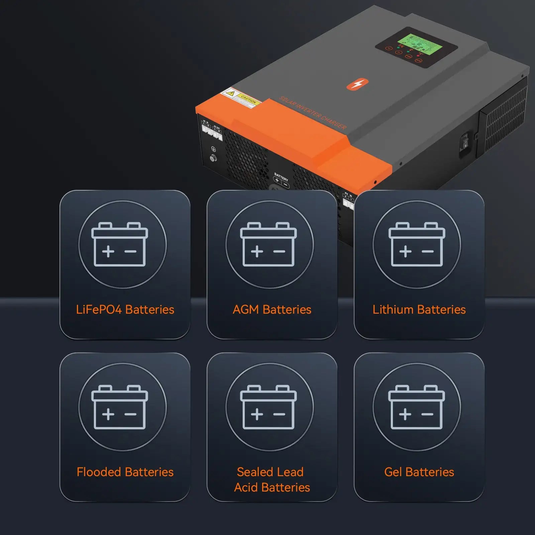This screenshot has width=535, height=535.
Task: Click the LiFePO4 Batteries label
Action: coord(125,310)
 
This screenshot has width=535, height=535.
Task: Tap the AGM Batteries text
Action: coord(272,310)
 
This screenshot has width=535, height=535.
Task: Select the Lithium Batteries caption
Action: coord(419,310)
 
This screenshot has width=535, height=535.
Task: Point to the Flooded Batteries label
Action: coord(125,472)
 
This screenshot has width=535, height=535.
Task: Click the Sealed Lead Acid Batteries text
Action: coord(272,479)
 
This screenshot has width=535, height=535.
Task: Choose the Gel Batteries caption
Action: coord(419,472)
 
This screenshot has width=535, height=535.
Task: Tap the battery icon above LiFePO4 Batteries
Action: coord(120,244)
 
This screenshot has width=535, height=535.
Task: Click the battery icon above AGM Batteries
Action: coord(269,244)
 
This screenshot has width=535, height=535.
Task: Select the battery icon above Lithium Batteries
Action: coord(417,244)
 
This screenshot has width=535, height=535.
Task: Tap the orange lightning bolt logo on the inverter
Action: coord(357,84)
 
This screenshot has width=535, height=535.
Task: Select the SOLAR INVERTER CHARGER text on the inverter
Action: coord(313,113)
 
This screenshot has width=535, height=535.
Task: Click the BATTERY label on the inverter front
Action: coord(281,177)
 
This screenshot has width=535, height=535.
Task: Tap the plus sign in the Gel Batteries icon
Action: coord(405,414)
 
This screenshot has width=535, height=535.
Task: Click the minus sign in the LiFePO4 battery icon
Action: coord(130,251)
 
